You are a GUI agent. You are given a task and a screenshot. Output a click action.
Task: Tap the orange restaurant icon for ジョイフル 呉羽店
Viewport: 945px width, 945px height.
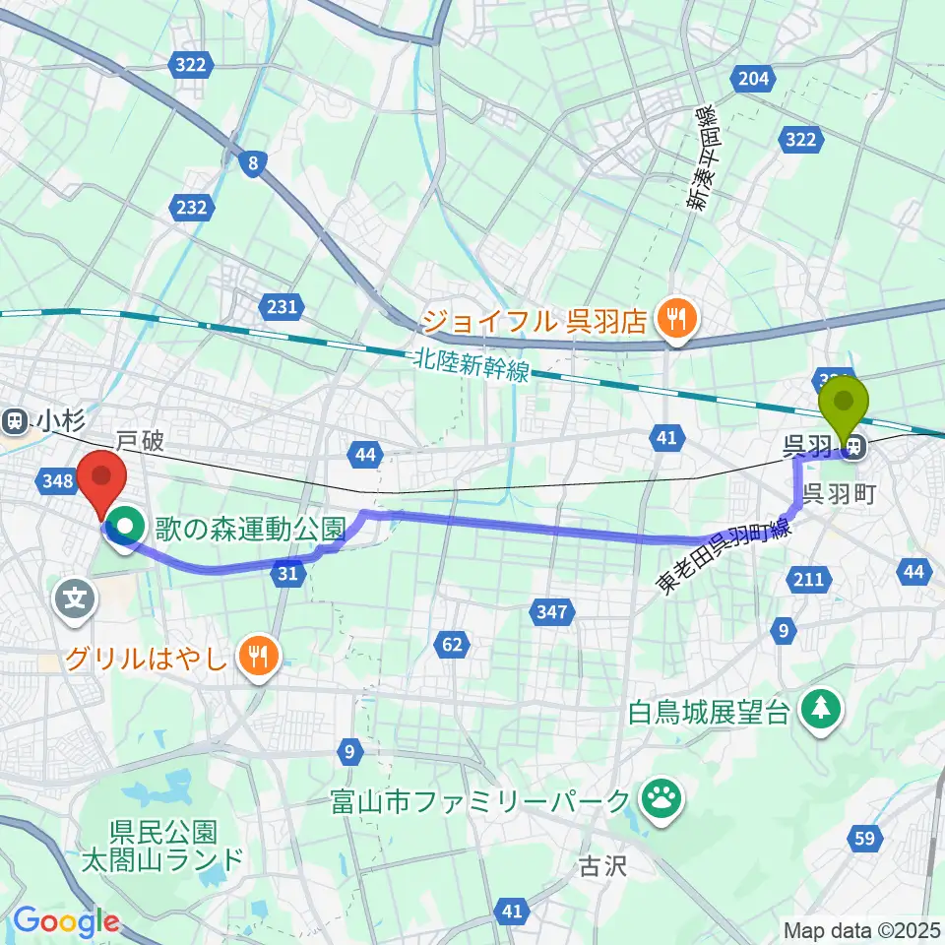click(x=676, y=318)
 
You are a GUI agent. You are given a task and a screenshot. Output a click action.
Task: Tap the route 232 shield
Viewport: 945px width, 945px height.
click(x=193, y=207)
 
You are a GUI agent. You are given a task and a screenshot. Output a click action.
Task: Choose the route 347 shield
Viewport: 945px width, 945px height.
click(x=552, y=613)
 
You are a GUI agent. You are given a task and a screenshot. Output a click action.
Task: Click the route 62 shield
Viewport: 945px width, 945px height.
click(x=452, y=646)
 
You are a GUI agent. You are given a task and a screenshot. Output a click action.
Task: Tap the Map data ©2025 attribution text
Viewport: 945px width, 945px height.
click(x=861, y=929)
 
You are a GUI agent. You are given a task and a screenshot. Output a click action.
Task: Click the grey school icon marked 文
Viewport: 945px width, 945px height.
click(x=77, y=597)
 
